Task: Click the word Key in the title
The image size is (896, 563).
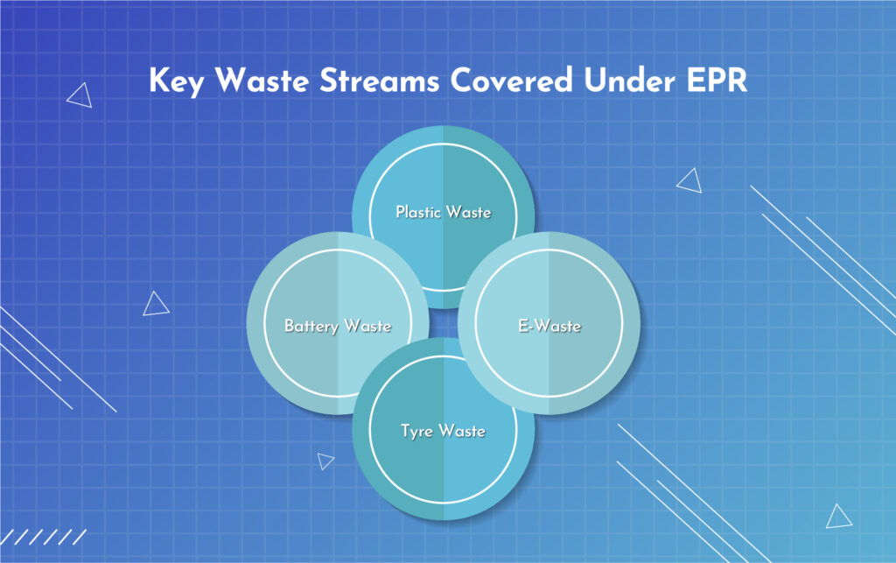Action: tap(175, 81)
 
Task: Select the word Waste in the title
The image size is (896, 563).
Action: tap(262, 80)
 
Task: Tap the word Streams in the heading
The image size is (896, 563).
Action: tap(380, 80)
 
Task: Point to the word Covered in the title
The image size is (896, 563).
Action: tap(511, 80)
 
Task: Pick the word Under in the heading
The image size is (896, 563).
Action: tap(629, 80)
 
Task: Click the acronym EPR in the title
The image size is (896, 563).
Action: tap(717, 80)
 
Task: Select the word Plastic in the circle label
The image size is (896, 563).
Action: tap(418, 212)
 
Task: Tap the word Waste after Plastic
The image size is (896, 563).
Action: tap(469, 212)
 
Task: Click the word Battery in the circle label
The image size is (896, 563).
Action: tap(311, 327)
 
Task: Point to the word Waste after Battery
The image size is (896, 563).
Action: tap(368, 326)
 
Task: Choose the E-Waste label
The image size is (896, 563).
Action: tap(549, 326)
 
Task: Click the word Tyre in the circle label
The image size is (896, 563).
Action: tap(416, 431)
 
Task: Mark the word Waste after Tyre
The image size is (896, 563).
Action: tap(462, 431)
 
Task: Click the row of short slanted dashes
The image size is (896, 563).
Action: tap(43, 538)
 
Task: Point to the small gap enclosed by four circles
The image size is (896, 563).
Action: tap(444, 323)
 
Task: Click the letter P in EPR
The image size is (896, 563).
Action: tap(716, 81)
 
